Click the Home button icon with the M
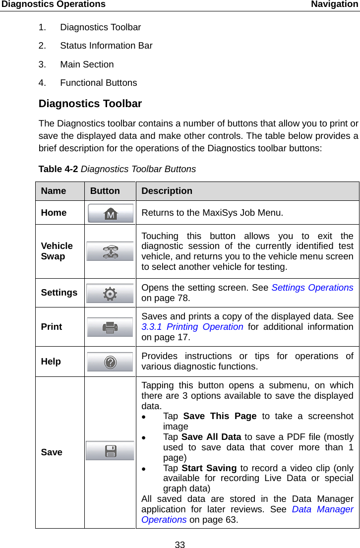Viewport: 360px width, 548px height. pyautogui.click(x=111, y=213)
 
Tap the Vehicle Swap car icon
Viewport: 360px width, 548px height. pyautogui.click(x=110, y=251)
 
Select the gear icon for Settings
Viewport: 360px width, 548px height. pyautogui.click(x=110, y=294)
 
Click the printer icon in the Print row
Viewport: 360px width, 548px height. pyautogui.click(x=110, y=327)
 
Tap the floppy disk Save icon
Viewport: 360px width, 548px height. pyautogui.click(x=110, y=451)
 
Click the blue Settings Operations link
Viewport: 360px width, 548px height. pyautogui.click(x=312, y=288)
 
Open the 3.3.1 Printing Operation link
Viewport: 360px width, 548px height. pyautogui.click(x=192, y=327)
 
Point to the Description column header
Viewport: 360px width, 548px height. pyautogui.click(x=167, y=191)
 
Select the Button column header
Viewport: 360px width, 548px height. pyautogui.click(x=105, y=191)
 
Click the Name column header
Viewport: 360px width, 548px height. pyautogui.click(x=54, y=191)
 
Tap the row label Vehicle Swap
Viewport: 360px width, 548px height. pyautogui.click(x=57, y=251)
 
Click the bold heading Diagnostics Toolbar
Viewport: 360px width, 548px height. pyautogui.click(x=90, y=104)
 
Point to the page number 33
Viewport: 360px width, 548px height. pyautogui.click(x=180, y=545)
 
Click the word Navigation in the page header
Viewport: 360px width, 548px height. pyautogui.click(x=335, y=4)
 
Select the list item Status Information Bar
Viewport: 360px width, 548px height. pyautogui.click(x=106, y=46)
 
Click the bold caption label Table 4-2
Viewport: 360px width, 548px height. pyautogui.click(x=58, y=169)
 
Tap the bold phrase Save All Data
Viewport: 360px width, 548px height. pyautogui.click(x=211, y=437)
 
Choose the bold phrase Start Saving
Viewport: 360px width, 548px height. pyautogui.click(x=209, y=468)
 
